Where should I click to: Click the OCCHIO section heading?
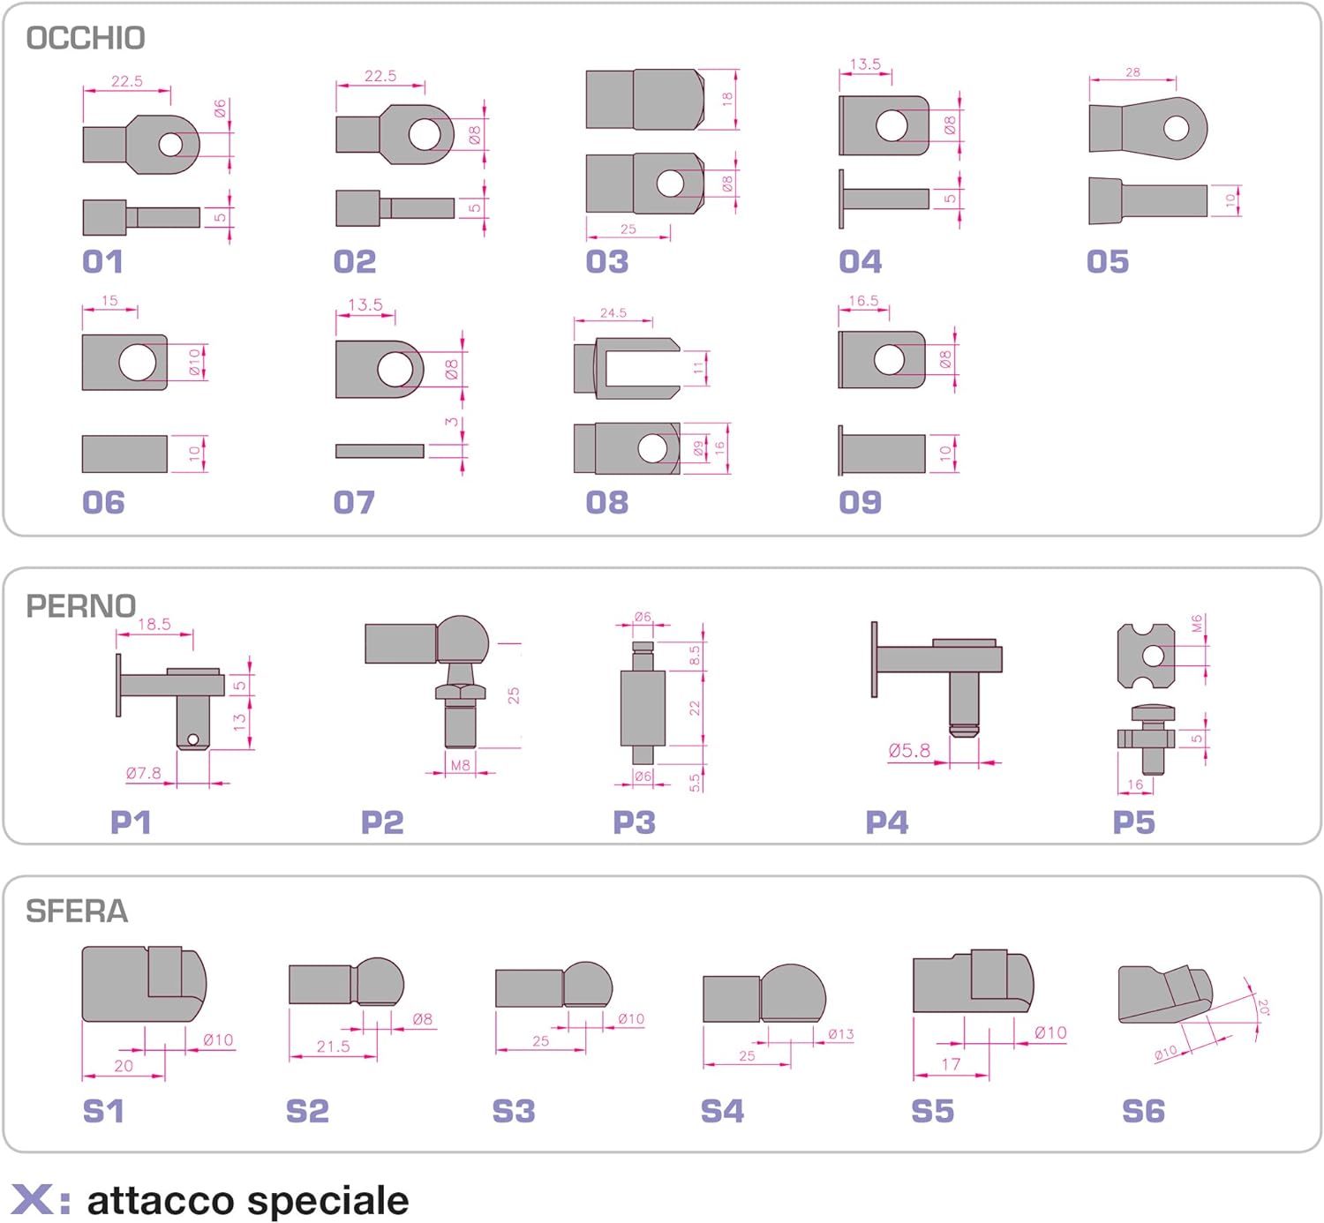coord(86,38)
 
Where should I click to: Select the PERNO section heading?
coord(80,606)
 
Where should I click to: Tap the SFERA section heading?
coord(77,911)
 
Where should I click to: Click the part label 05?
coord(1108,261)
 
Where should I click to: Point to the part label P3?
coord(634,822)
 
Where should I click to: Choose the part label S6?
coord(1143,1111)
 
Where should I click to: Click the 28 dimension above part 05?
coord(1132,72)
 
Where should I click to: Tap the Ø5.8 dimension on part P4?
coord(909,751)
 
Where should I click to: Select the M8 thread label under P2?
coord(461,765)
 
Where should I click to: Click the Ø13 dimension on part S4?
coord(840,1033)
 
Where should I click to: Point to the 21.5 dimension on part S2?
coord(334,1047)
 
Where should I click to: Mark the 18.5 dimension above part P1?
coord(154,624)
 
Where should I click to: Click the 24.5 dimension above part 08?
coord(613,312)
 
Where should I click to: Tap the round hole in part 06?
coord(138,363)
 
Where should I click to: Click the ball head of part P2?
coord(463,640)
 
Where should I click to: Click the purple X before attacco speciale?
coord(32,1201)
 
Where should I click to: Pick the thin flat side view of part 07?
coord(380,451)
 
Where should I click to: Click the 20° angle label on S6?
coord(1263,1007)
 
